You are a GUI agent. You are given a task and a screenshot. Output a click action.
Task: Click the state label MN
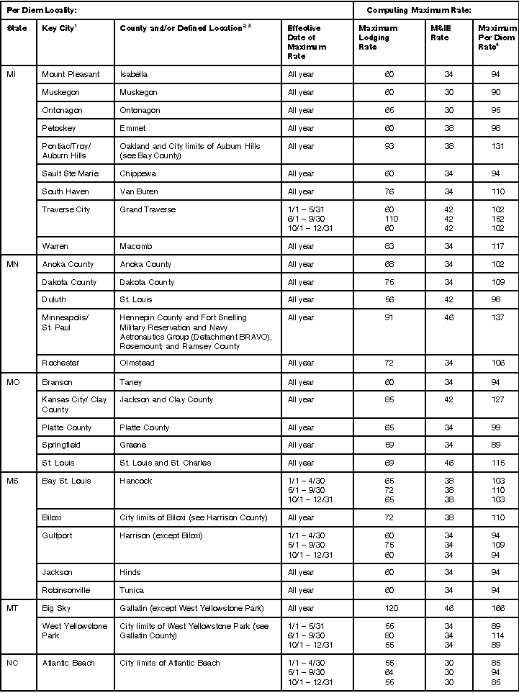point(12,264)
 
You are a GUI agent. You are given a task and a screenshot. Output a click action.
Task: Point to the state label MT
point(12,608)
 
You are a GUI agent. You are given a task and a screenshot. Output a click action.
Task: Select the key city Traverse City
point(66,209)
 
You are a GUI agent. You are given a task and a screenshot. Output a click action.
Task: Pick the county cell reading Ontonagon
point(140,110)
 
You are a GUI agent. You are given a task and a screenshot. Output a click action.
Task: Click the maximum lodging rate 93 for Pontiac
point(389,146)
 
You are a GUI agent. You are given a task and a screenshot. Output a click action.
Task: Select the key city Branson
point(57,382)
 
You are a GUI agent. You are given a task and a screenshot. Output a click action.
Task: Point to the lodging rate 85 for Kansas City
point(389,400)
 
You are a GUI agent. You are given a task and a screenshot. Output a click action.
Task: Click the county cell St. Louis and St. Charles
point(166,463)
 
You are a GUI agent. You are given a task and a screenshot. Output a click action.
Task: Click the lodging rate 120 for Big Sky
point(389,608)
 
